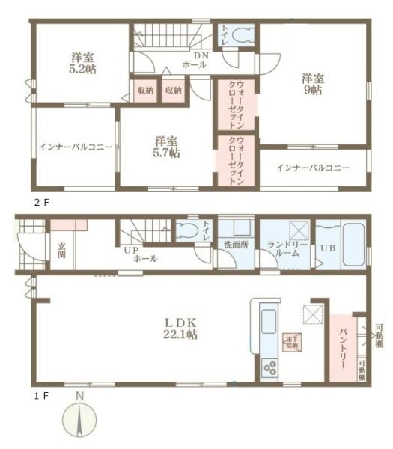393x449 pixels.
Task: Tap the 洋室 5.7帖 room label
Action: tap(166, 147)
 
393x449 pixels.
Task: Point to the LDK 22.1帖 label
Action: tap(181, 329)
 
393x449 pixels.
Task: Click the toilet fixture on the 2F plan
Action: tap(243, 35)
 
